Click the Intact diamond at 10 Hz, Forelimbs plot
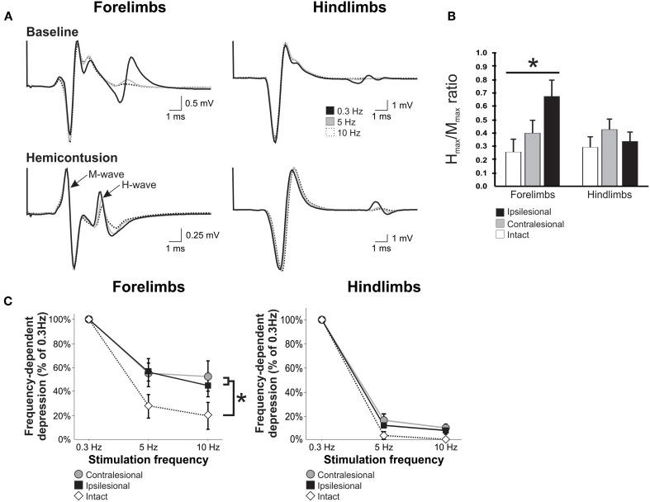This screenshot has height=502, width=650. tap(209, 415)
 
